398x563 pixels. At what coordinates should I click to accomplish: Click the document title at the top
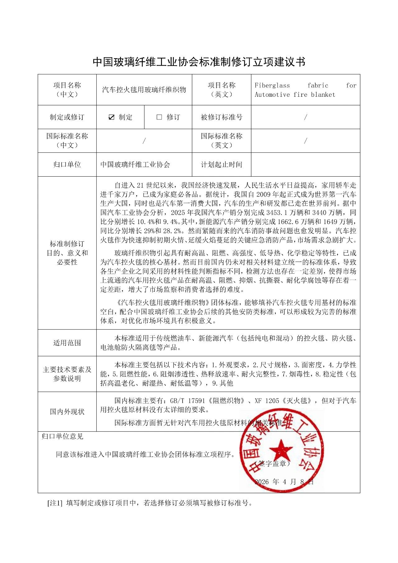point(199,62)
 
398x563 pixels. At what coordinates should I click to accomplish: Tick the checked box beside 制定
point(112,117)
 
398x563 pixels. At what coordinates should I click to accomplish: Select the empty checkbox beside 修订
point(159,117)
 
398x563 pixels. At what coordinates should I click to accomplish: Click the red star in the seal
point(281,450)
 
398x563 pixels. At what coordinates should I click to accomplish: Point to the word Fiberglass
point(272,86)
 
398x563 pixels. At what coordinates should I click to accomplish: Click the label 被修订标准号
point(221,117)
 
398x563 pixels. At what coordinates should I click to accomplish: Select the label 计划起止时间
point(221,165)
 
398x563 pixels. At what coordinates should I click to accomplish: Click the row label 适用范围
point(67,343)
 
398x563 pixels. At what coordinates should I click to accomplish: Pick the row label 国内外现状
point(67,412)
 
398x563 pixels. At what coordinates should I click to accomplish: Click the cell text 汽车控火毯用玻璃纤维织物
point(144,90)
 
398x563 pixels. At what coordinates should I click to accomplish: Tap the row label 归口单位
point(67,165)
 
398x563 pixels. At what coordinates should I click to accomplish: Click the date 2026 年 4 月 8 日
point(284,482)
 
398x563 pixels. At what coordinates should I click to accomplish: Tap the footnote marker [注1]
point(55,503)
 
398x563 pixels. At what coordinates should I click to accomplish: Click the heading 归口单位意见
point(62,436)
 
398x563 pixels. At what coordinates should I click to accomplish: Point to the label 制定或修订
point(67,117)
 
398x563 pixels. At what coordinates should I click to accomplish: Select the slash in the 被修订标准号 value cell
point(306,117)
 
